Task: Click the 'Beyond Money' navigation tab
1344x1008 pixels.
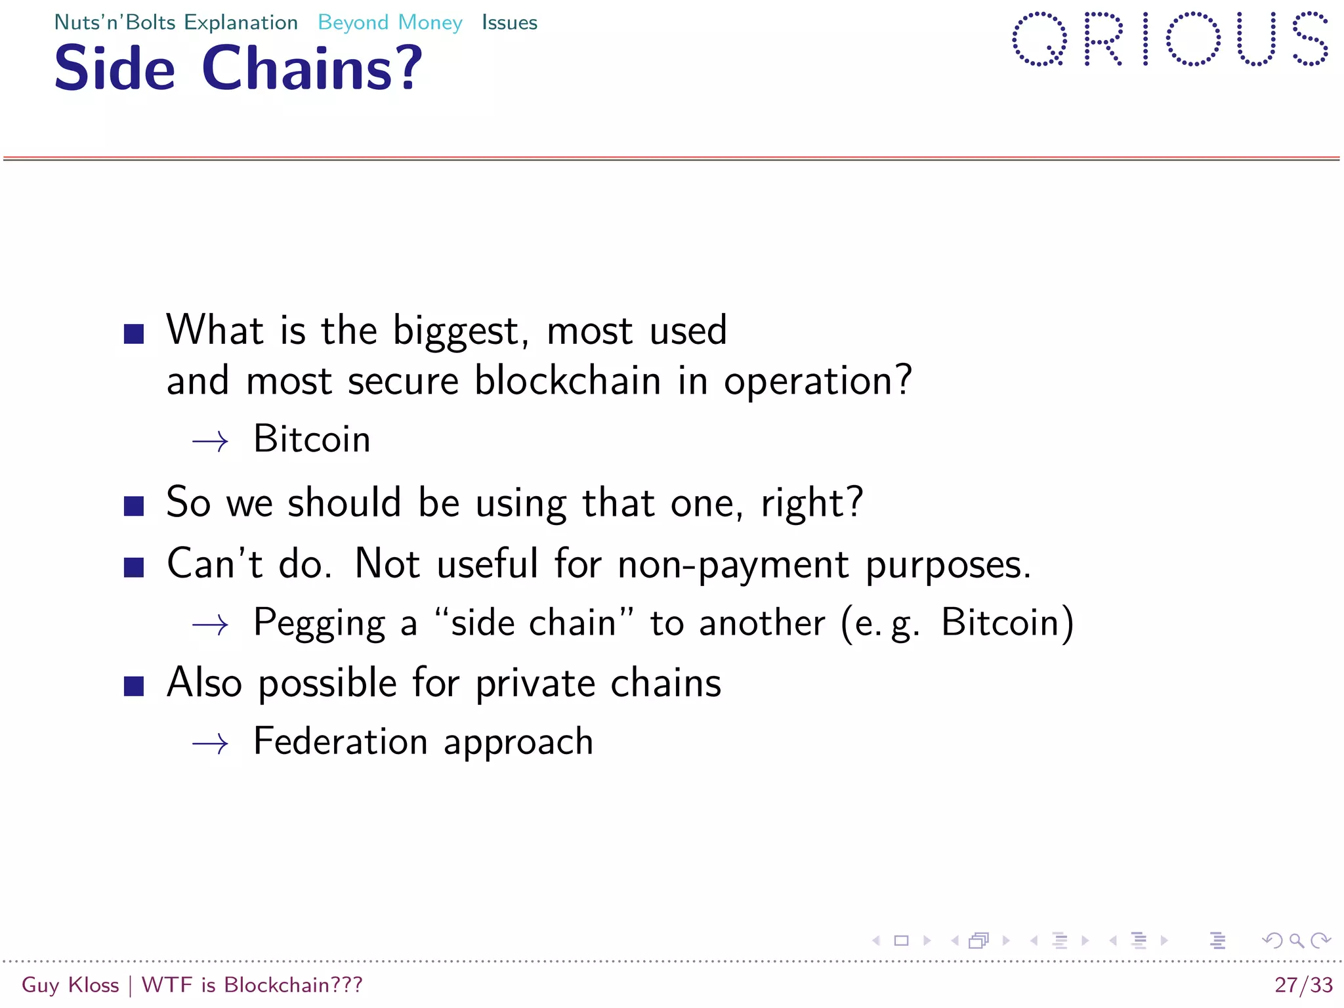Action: tap(390, 23)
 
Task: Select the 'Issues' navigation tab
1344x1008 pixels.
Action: tap(509, 23)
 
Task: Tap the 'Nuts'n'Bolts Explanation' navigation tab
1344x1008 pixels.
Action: tap(176, 23)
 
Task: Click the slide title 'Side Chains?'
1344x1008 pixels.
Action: tap(238, 68)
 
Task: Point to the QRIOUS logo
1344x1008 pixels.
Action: tap(1170, 39)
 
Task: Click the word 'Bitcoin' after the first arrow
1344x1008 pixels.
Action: tap(312, 439)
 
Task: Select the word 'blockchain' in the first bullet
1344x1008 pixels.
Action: tap(568, 381)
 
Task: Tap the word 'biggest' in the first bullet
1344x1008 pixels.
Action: tap(461, 331)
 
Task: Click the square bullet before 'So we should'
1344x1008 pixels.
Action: tap(134, 506)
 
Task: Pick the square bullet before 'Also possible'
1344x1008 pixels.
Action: tap(134, 686)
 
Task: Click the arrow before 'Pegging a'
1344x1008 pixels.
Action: tap(210, 625)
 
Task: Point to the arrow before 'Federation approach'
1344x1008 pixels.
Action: tap(210, 744)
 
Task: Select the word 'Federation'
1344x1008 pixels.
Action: tap(341, 742)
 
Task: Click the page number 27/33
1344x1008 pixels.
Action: tap(1303, 985)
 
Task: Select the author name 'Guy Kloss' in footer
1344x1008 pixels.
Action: tap(70, 985)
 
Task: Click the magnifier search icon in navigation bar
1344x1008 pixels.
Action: tap(1296, 941)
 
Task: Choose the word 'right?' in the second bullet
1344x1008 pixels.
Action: tap(812, 503)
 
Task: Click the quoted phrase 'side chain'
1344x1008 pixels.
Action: tap(534, 623)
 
